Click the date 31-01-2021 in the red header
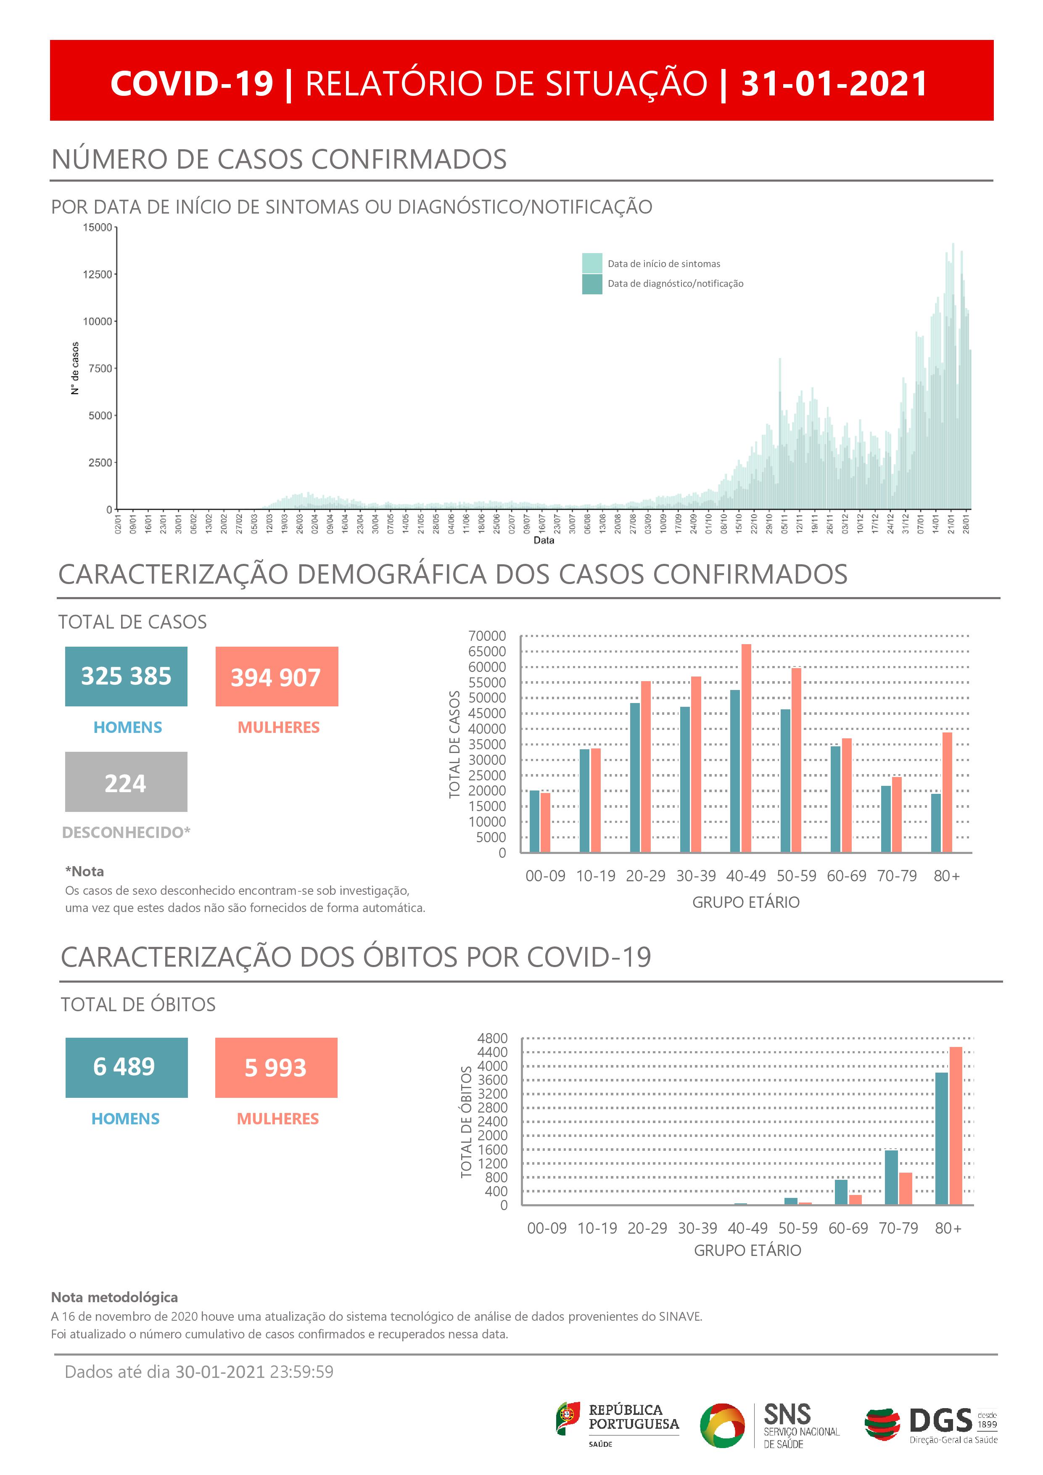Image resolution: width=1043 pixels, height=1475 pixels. coord(834,84)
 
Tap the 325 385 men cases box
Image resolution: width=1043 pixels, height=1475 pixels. coord(126,677)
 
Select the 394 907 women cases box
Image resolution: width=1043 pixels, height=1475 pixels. coord(276,677)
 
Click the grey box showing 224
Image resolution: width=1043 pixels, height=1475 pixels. coord(126,782)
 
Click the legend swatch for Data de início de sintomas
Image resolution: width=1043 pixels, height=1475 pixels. coord(591,263)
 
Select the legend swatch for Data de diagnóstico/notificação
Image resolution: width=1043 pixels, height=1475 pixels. coord(591,284)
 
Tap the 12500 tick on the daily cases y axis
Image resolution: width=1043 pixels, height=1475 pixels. coord(97,274)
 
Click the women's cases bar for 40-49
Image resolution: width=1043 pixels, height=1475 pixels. coord(746,748)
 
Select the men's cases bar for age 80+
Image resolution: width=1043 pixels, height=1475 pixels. coord(936,823)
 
